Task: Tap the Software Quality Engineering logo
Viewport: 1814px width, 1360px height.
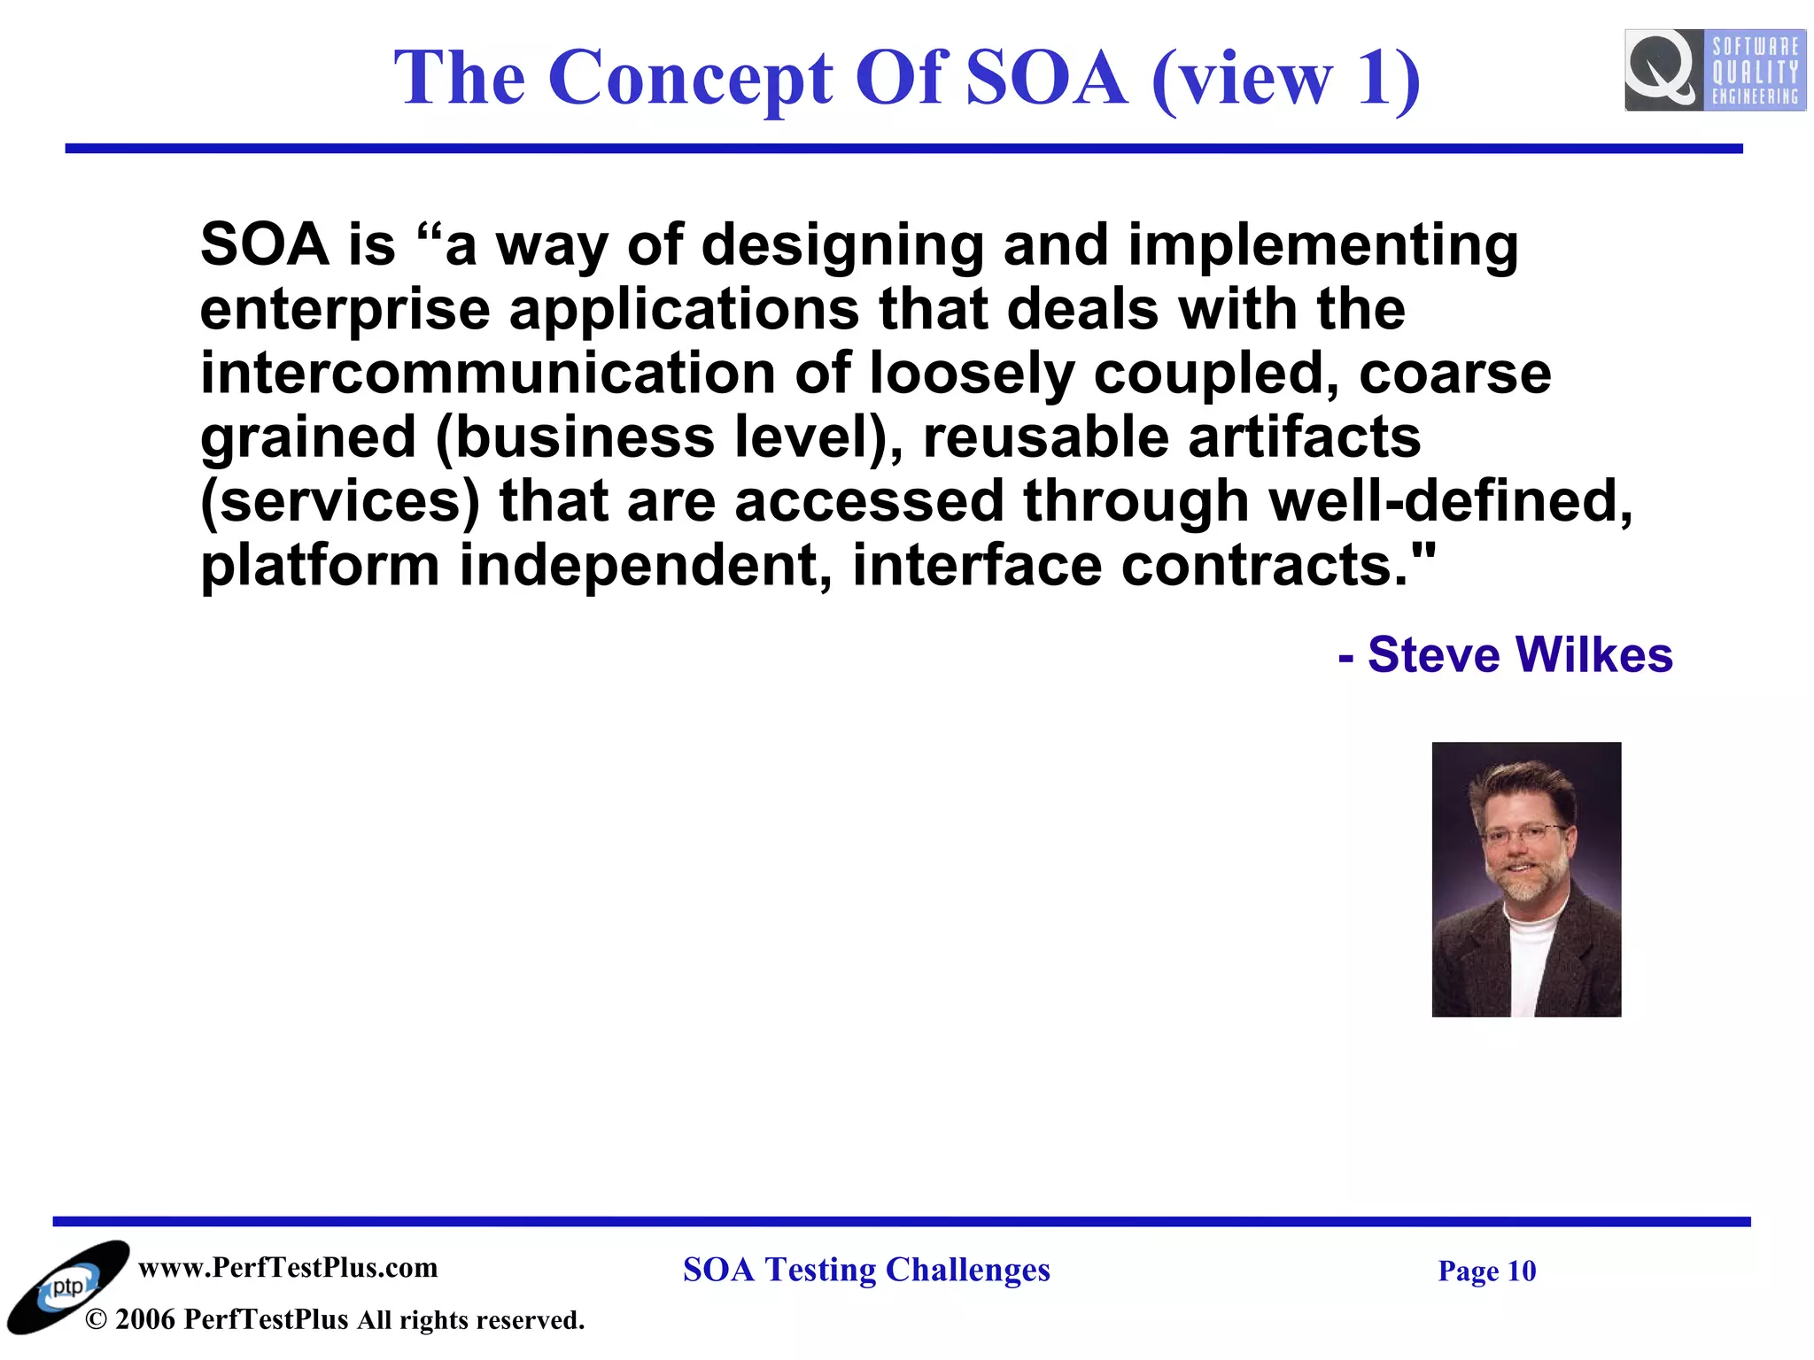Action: point(1714,70)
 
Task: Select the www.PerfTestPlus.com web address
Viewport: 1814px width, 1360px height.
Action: point(288,1268)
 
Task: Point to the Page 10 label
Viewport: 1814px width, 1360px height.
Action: point(1486,1271)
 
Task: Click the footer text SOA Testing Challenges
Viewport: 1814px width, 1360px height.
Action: point(866,1270)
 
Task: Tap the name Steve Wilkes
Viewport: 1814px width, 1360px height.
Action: point(1520,655)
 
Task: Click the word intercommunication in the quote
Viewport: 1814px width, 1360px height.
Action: point(488,373)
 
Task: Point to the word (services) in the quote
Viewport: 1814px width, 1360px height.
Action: point(340,501)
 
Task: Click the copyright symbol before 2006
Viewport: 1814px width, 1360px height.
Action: point(96,1320)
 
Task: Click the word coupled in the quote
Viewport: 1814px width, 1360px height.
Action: point(1215,373)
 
